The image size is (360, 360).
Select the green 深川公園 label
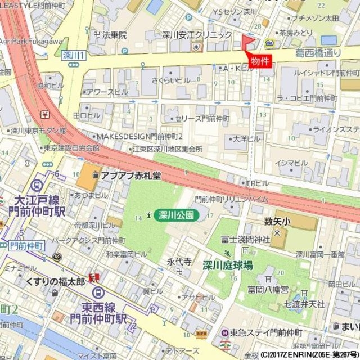tap(175, 214)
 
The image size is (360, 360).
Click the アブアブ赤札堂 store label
tap(131, 176)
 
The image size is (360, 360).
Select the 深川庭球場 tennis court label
tap(228, 265)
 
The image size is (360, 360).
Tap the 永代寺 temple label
tap(179, 262)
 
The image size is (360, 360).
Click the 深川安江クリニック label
tap(197, 35)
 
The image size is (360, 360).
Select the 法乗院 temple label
tap(115, 35)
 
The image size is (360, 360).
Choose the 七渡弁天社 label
tap(304, 304)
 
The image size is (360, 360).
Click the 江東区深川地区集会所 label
tap(167, 148)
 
